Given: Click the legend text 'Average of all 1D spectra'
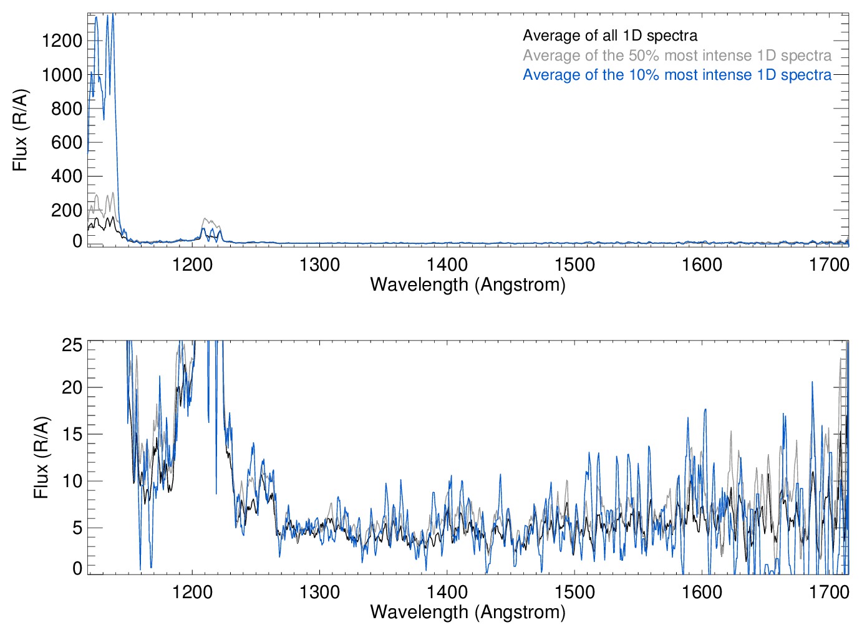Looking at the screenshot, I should coord(609,36).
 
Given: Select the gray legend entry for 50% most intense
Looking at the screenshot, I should coord(677,56).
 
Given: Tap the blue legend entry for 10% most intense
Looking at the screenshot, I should coord(677,75).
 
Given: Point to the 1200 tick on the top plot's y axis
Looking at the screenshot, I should coord(62,41).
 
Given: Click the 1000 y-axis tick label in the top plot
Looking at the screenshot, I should coord(62,75).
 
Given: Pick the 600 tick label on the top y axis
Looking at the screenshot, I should coord(66,142).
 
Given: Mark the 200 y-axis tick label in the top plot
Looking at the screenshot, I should coord(66,210).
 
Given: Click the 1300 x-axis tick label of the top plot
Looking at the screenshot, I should coord(319,264).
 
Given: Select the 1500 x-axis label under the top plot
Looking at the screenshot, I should coord(574,264).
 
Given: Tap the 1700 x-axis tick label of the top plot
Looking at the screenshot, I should coord(829,264).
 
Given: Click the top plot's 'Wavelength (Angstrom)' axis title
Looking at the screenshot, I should coord(468,284).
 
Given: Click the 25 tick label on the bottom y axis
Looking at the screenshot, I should coord(72,345).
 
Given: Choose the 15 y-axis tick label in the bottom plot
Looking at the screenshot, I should coord(72,434).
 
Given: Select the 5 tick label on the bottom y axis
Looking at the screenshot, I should coord(77,528).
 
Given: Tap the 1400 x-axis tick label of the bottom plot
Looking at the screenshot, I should coord(447,591).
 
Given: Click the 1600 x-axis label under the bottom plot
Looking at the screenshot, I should coord(702,591).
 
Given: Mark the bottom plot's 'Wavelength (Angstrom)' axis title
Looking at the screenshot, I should coord(468,612).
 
